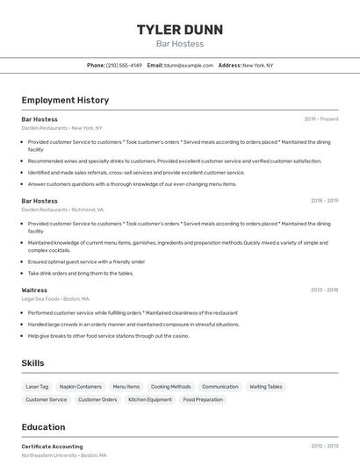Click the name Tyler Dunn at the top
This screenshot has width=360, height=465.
click(x=179, y=29)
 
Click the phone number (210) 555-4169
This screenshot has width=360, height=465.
click(x=124, y=65)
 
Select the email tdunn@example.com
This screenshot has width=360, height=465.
click(x=189, y=65)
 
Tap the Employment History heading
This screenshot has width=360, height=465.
click(x=65, y=100)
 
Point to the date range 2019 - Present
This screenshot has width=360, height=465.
click(x=321, y=119)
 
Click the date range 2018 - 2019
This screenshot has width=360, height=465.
click(x=324, y=201)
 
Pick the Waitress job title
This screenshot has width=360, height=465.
click(x=34, y=290)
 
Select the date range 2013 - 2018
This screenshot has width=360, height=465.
click(x=324, y=290)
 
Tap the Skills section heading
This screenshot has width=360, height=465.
click(x=32, y=363)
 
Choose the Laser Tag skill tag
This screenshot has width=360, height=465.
click(x=38, y=386)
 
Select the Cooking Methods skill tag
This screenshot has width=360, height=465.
click(x=170, y=386)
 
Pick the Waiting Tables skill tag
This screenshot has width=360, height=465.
click(x=266, y=386)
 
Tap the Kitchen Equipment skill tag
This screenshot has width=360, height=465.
click(x=150, y=399)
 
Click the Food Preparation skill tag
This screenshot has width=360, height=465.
click(x=203, y=399)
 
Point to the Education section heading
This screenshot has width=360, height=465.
click(x=44, y=427)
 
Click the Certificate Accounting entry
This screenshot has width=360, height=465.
click(x=53, y=447)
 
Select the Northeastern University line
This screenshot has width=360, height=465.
click(x=64, y=456)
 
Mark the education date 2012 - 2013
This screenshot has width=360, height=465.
click(x=324, y=447)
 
